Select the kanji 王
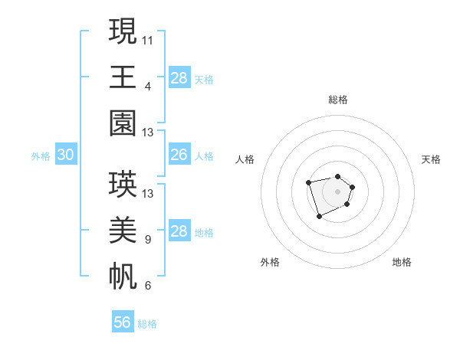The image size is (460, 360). coord(123,77)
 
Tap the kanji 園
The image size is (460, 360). coord(123,124)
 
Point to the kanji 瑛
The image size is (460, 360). coord(123,184)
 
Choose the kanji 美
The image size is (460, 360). coord(123,231)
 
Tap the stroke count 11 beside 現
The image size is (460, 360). coord(148,39)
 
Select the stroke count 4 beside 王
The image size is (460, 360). coord(147,86)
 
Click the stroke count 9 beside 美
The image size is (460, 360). coord(147,240)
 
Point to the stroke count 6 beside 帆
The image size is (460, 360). coord(147,286)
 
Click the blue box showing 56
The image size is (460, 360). coord(123,322)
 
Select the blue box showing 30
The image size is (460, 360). coord(66,155)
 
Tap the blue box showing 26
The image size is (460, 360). coord(179,155)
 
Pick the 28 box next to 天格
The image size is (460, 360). coord(179,78)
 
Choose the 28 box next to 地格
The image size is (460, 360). coord(179,231)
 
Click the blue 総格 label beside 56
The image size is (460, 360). coord(147,324)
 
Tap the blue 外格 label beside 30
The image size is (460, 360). coord(41,156)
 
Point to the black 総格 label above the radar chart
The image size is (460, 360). coord(338,100)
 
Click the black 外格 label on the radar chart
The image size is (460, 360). coord(270,262)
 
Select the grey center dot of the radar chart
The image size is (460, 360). coord(337,191)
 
